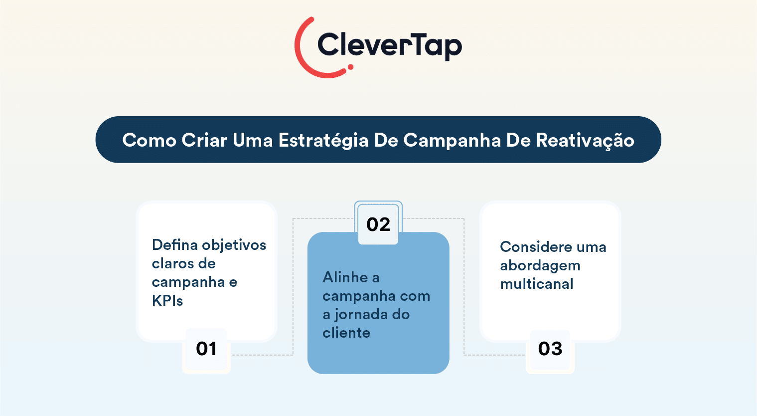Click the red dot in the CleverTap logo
tap(350, 67)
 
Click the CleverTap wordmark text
tap(390, 46)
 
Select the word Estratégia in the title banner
tap(323, 140)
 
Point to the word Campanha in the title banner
tap(452, 140)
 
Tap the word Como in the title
tap(149, 140)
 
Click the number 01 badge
tap(206, 349)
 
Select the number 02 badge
tap(378, 224)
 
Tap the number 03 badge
tap(550, 349)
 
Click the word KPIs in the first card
tap(167, 300)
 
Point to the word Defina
tap(175, 245)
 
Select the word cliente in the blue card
tap(346, 333)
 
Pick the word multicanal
tap(537, 284)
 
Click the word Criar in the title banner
tap(204, 140)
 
